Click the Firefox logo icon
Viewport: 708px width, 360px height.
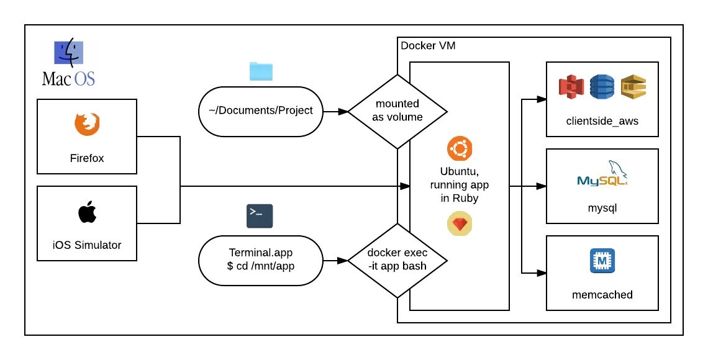87,124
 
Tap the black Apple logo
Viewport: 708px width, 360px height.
87,212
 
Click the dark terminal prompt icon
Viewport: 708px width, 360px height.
260,215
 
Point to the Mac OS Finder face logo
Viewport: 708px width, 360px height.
66,53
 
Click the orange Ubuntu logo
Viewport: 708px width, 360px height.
459,149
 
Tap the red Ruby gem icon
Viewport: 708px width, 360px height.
459,225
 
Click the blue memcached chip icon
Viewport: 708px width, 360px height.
601,261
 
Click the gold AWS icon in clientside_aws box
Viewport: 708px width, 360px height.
633,88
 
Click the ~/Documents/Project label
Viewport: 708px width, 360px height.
260,111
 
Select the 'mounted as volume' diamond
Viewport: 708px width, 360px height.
397,111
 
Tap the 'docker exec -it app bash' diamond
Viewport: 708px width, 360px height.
397,260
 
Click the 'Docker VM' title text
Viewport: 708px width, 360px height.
429,46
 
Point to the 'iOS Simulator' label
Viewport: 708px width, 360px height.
87,245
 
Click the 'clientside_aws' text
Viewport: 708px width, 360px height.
602,121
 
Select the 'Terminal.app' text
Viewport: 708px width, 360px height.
260,253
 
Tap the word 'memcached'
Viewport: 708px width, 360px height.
602,295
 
